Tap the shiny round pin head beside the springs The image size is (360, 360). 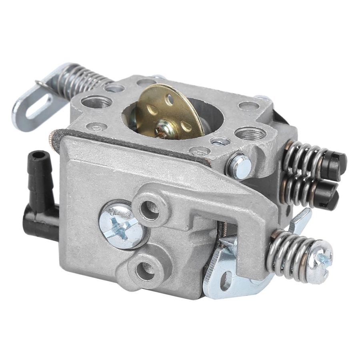240,165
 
